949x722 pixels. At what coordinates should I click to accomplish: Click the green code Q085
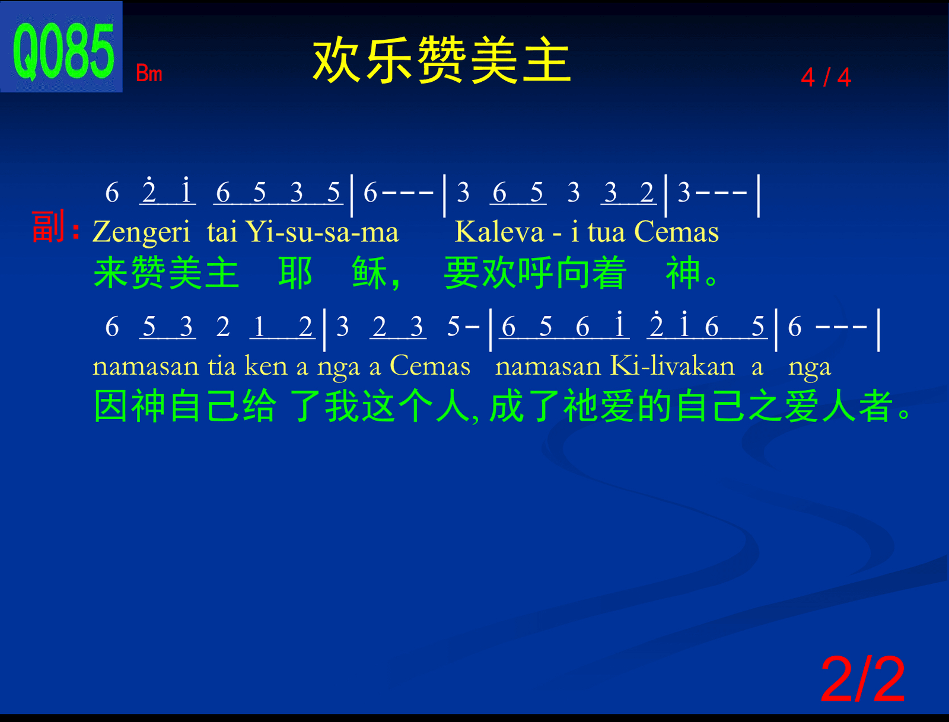tap(63, 52)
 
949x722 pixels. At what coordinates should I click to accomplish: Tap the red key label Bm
tap(149, 73)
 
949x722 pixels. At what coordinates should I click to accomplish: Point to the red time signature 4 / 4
tap(826, 78)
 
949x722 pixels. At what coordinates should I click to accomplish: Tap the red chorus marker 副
tap(49, 226)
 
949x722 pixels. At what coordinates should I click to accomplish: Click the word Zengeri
tap(141, 232)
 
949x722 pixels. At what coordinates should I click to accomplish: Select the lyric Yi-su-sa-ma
tap(322, 232)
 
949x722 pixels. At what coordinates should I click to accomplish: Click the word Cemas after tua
tap(677, 232)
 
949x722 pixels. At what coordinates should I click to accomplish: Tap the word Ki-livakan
tap(672, 366)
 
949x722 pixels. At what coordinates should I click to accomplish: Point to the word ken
tap(266, 366)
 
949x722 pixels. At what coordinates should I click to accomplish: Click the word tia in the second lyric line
tap(222, 366)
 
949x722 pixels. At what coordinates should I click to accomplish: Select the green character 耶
tap(295, 273)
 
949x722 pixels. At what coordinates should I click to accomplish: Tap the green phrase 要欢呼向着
tap(535, 273)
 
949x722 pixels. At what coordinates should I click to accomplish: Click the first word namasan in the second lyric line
tap(145, 366)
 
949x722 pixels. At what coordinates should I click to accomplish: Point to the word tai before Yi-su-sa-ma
tap(222, 232)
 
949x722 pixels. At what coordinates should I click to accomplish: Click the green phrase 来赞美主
tap(166, 273)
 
